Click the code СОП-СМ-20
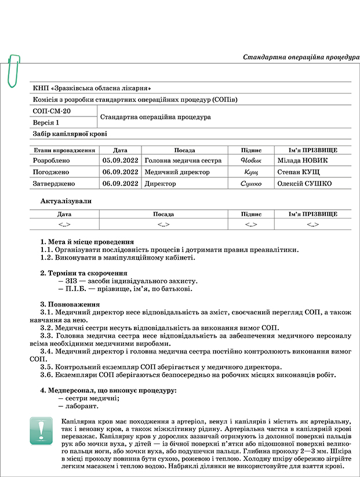point(52,111)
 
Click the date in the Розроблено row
point(120,161)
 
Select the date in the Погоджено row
point(120,172)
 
